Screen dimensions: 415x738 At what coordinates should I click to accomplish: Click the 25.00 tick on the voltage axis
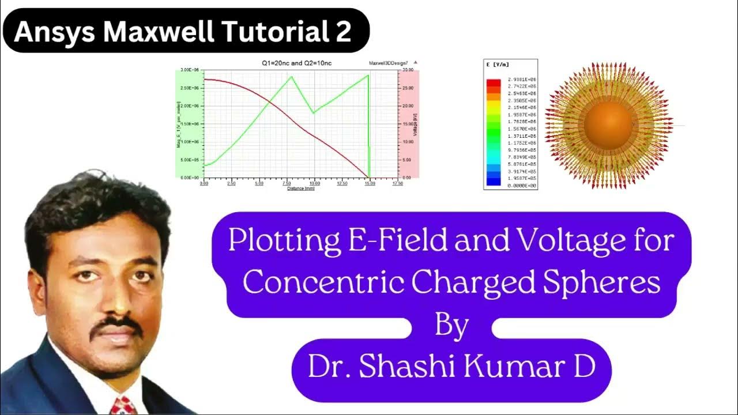click(407, 88)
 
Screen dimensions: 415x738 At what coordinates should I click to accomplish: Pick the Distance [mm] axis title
click(300, 188)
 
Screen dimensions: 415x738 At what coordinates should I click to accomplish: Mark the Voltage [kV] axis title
click(414, 123)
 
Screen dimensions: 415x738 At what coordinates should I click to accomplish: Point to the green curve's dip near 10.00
click(313, 113)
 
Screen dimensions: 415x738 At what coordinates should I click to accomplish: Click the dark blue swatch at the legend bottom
click(494, 181)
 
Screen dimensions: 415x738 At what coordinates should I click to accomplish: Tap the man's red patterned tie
click(125, 405)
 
